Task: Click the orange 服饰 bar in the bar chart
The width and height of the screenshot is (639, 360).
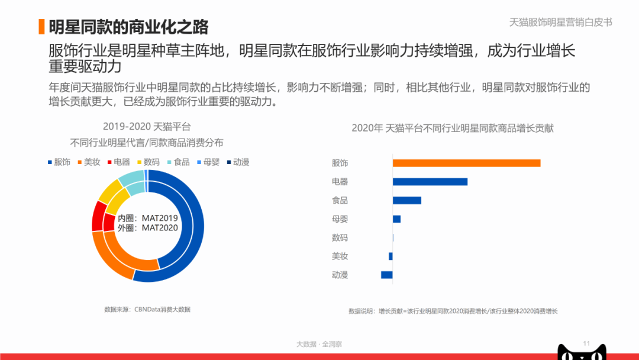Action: [466, 163]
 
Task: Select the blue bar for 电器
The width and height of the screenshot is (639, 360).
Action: [430, 182]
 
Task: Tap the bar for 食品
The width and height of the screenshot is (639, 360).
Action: [407, 200]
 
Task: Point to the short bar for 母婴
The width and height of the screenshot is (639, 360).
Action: [396, 219]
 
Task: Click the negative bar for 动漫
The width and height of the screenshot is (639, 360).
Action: [387, 275]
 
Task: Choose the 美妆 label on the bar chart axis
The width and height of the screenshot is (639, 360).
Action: [340, 256]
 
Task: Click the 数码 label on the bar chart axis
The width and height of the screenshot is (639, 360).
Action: [340, 237]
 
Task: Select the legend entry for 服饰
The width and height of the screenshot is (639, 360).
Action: [59, 162]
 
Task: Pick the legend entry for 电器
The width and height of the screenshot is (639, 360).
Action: [118, 162]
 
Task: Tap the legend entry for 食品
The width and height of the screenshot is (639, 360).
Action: [178, 162]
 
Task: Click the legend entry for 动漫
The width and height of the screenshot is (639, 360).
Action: [237, 162]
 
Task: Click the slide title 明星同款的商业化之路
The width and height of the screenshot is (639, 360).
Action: [128, 27]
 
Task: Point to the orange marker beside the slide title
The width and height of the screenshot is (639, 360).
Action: [41, 27]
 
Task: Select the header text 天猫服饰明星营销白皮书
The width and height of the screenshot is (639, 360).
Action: [560, 22]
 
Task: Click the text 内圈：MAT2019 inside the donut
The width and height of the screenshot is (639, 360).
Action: [148, 218]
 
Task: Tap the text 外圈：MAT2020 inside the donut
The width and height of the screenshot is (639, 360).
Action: [148, 228]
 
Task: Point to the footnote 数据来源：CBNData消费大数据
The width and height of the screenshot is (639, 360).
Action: [147, 309]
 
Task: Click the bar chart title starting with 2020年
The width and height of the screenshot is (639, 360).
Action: [453, 128]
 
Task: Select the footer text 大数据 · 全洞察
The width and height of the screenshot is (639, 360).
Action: [319, 344]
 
